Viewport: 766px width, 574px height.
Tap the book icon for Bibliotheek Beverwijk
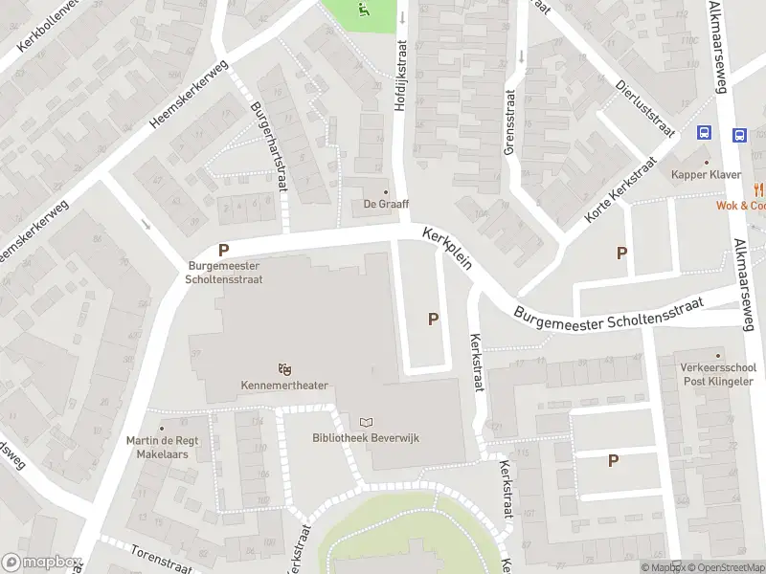366,421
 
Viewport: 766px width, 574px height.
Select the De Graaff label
386,203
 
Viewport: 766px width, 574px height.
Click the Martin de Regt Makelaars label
157,447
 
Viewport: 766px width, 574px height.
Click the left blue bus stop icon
705,135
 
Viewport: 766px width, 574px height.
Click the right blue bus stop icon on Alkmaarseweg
740,135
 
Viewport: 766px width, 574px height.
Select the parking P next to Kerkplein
433,320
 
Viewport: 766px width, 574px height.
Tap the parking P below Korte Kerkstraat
621,254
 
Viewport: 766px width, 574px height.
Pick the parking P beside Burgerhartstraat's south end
224,249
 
